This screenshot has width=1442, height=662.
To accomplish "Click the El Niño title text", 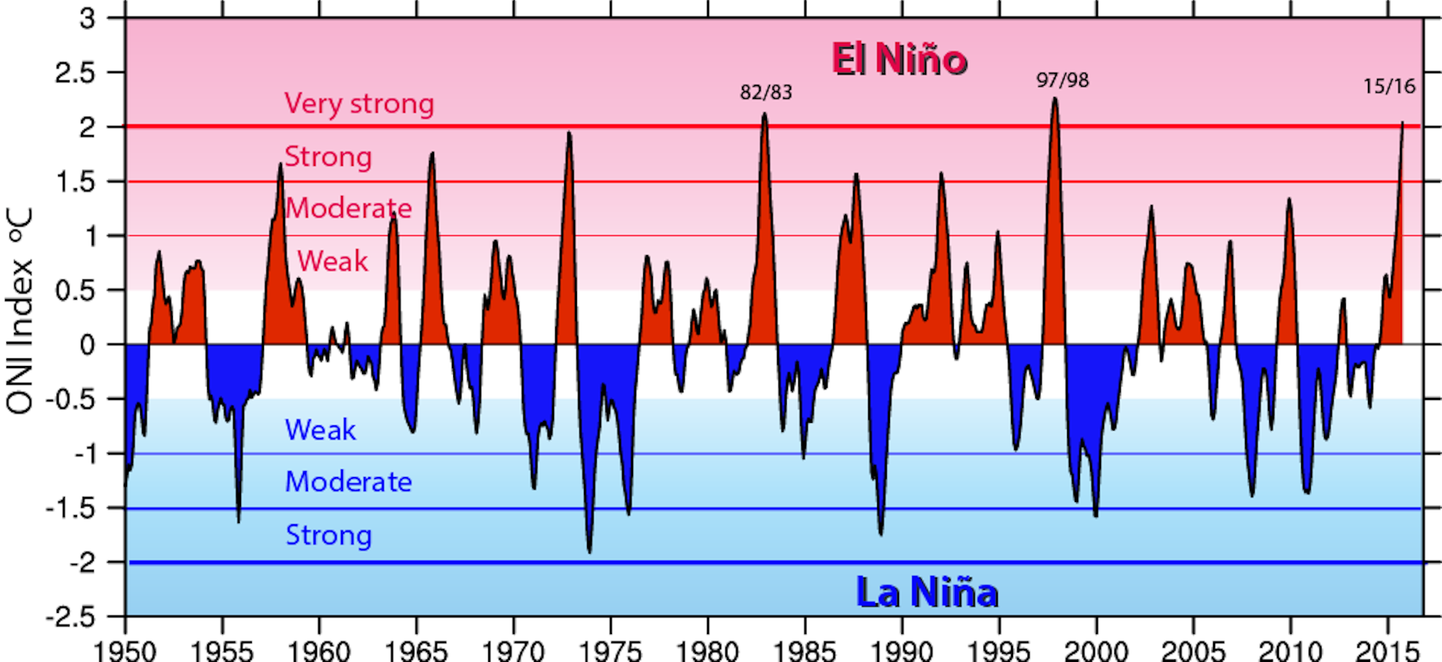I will pyautogui.click(x=899, y=59).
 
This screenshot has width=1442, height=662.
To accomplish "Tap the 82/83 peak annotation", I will pyautogui.click(x=766, y=92).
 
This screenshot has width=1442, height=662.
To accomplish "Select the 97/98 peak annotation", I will pyautogui.click(x=1062, y=80).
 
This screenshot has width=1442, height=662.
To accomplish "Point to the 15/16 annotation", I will pyautogui.click(x=1388, y=86).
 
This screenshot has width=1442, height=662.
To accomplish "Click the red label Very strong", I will pyautogui.click(x=359, y=103).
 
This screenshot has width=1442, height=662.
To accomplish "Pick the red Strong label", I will pyautogui.click(x=328, y=157).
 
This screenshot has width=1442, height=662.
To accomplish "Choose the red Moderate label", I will pyautogui.click(x=348, y=209).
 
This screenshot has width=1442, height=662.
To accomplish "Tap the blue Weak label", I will pyautogui.click(x=320, y=430).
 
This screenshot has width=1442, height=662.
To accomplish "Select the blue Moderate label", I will pyautogui.click(x=348, y=482).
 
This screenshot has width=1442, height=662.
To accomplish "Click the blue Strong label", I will pyautogui.click(x=328, y=535).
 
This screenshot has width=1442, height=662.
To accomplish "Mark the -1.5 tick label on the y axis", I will pyautogui.click(x=69, y=508).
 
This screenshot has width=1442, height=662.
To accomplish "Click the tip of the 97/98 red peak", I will pyautogui.click(x=1055, y=99).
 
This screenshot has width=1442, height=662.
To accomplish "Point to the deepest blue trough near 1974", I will pyautogui.click(x=589, y=552).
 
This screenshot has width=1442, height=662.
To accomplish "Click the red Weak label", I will pyautogui.click(x=332, y=261).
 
